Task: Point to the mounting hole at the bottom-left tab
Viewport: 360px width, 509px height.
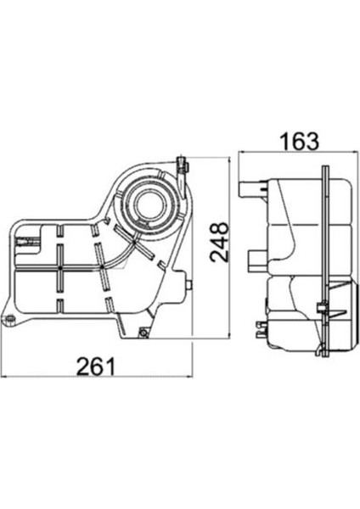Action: coord(10,320)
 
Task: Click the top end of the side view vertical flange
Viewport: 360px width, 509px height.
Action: coord(325,167)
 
